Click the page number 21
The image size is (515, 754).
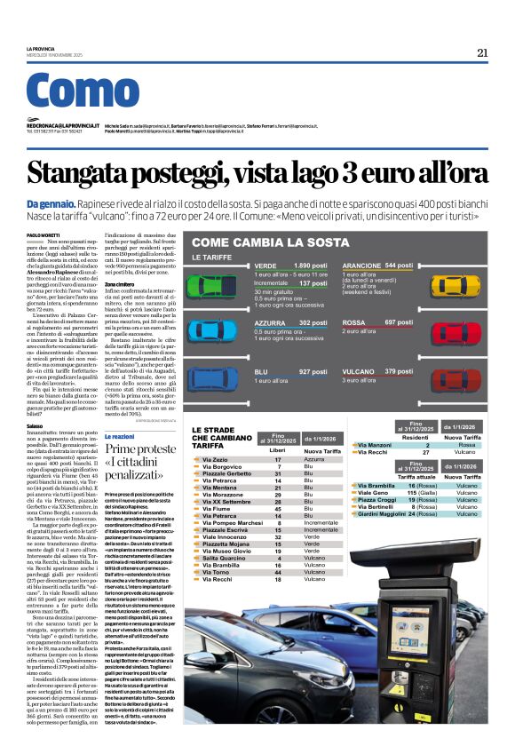[482, 52]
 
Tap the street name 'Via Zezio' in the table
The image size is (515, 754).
[216, 459]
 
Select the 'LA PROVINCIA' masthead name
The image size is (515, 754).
[40, 48]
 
